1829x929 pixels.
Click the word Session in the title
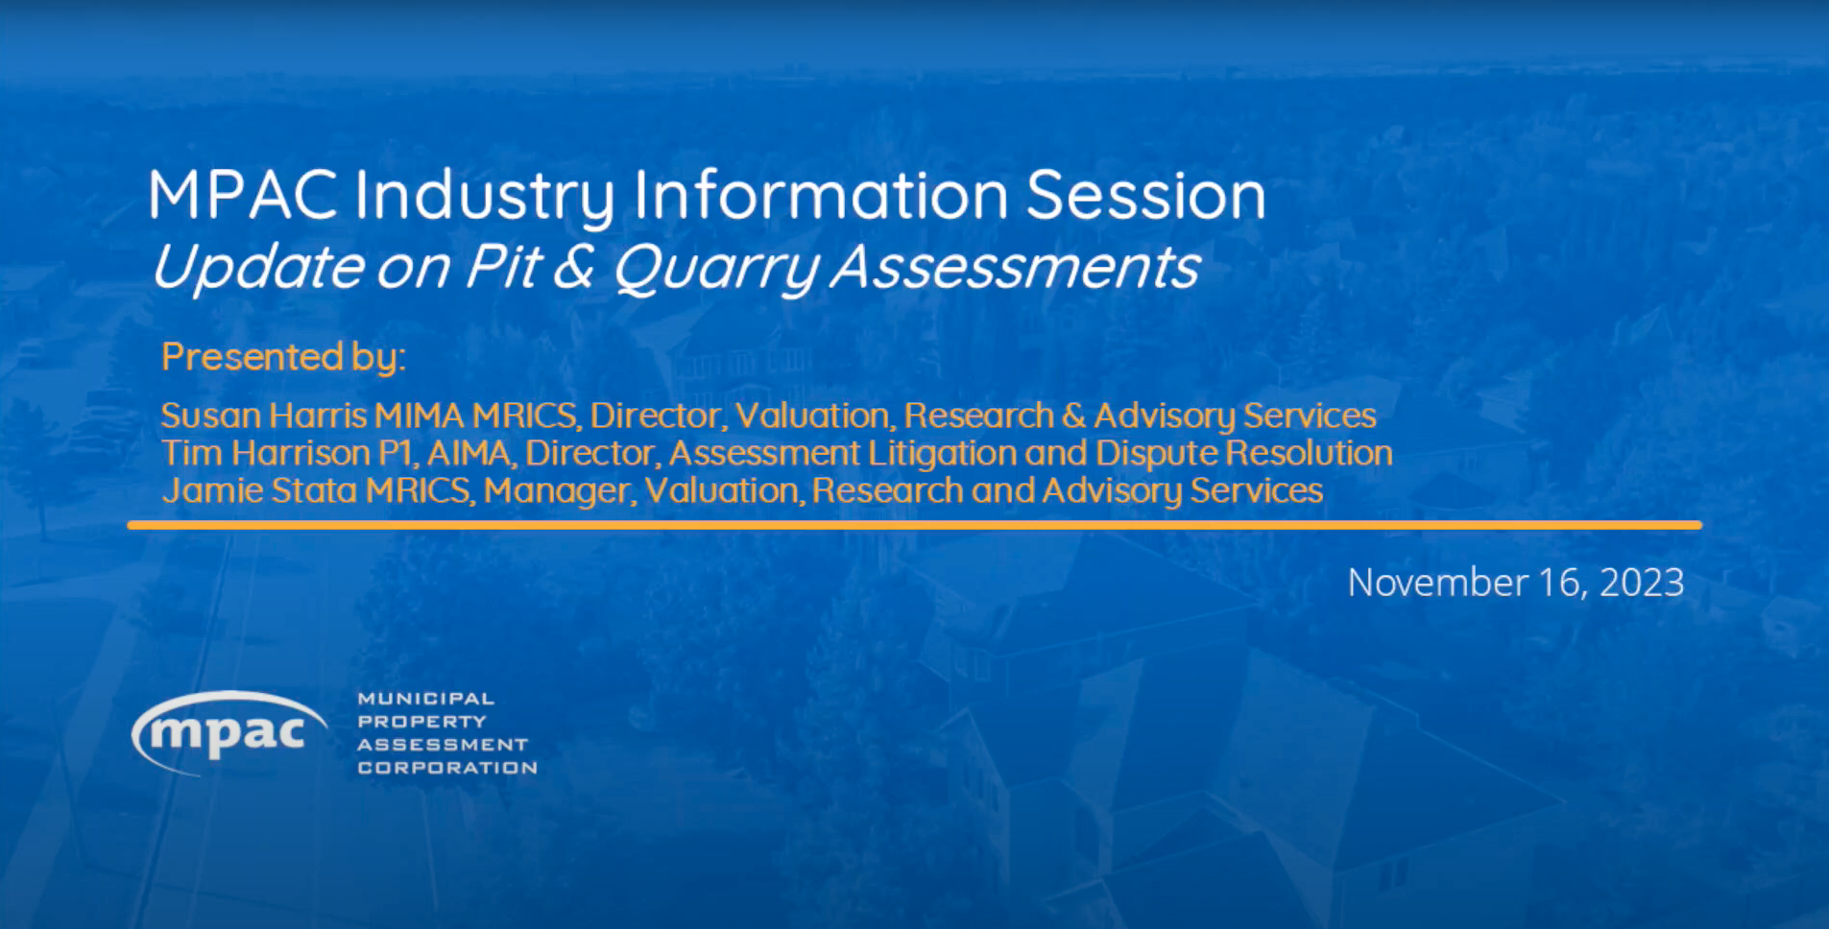(x=1145, y=196)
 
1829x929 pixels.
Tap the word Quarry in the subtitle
(x=714, y=267)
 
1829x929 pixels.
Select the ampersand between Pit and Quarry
(x=573, y=267)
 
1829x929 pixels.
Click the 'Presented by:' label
(x=283, y=357)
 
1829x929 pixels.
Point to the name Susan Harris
(x=263, y=416)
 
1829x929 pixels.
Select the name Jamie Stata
(x=259, y=490)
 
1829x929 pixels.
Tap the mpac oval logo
(x=229, y=733)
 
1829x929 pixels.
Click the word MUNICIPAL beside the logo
(x=425, y=699)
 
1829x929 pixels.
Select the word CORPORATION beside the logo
(x=446, y=768)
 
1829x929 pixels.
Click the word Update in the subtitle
(x=257, y=267)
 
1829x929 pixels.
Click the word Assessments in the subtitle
(x=1014, y=267)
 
